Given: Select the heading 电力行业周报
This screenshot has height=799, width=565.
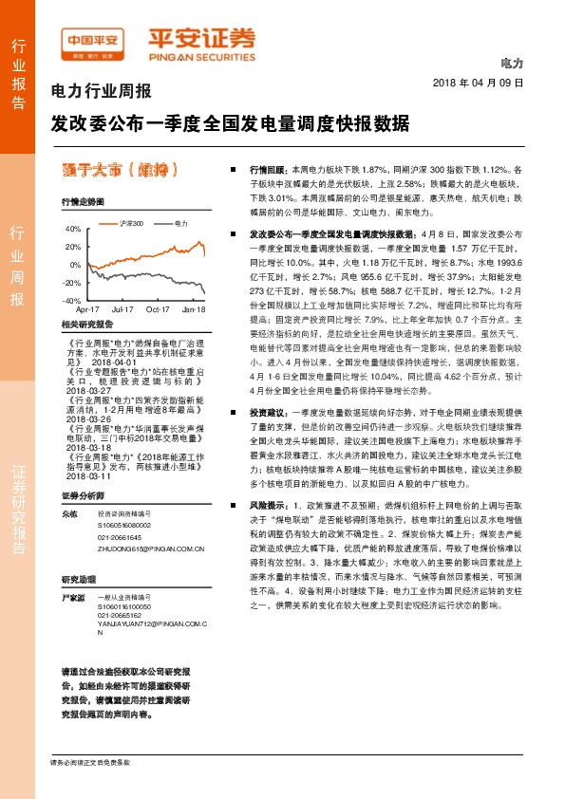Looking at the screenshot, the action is click(101, 93).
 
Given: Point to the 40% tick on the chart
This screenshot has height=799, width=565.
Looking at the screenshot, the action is click(72, 229).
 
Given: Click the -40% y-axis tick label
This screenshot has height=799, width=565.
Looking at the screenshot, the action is click(71, 300).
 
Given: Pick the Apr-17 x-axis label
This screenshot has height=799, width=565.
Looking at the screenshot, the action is click(87, 309).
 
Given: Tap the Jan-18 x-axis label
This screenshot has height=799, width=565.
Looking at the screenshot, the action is click(194, 309).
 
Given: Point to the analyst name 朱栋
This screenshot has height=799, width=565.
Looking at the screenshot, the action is click(68, 513).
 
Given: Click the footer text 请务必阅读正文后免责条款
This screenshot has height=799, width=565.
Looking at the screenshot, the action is click(90, 762).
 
